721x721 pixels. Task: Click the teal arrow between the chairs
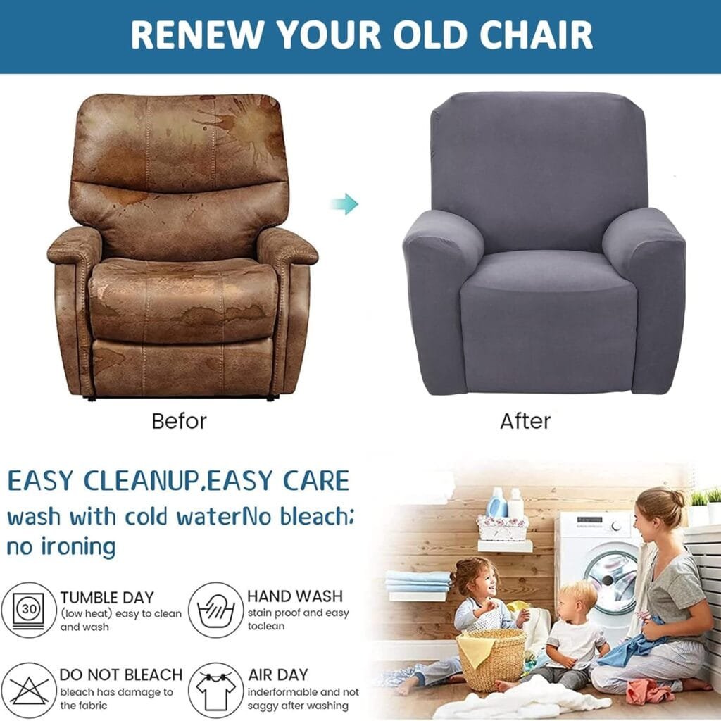pos(345,204)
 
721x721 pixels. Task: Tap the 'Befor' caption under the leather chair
pos(180,421)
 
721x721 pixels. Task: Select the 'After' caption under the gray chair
pos(525,421)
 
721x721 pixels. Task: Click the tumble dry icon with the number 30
pos(29,610)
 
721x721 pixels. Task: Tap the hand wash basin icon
pos(215,610)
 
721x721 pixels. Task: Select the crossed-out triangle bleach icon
pos(29,690)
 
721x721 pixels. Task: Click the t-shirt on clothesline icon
pos(215,690)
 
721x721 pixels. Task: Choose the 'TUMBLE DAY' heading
pos(107,597)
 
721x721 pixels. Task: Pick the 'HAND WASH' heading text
pos(295,596)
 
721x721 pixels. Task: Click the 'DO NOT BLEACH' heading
pos(121,675)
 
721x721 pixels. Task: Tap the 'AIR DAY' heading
pos(278,675)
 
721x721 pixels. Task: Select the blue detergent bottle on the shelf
pos(496,503)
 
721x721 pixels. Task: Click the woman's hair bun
pos(677,499)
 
